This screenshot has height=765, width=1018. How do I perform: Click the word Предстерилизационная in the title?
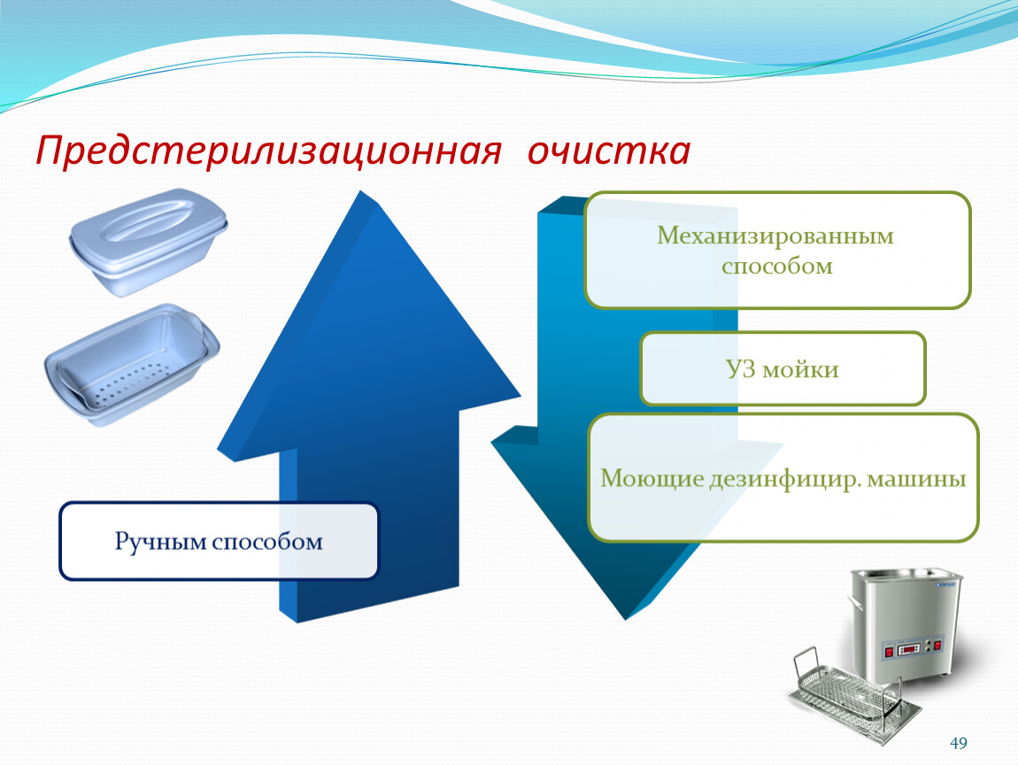269,151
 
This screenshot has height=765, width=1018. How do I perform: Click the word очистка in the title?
608,151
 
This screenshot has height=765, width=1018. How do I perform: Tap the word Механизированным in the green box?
775,236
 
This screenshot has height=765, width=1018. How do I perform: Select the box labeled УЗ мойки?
783,369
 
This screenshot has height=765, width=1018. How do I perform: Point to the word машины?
917,479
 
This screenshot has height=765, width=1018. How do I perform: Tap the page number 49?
959,743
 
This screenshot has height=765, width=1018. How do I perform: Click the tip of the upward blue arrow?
360,191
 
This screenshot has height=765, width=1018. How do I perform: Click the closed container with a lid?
149,241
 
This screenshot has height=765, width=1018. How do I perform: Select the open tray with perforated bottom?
132,364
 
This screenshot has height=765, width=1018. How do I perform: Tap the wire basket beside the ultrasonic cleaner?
853,695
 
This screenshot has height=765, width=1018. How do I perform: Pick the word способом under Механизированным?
777,267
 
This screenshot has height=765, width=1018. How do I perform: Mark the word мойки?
800,369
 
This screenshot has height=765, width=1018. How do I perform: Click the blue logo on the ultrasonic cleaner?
945,584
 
